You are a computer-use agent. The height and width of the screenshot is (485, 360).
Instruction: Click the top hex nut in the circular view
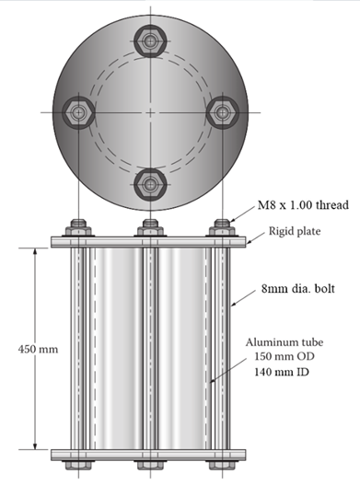tap(149, 40)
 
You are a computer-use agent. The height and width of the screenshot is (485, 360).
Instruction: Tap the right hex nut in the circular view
tap(221, 111)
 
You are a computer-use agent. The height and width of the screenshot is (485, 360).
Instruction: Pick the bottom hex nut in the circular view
tap(149, 181)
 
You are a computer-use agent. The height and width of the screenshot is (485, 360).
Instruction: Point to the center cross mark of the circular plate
tap(150, 111)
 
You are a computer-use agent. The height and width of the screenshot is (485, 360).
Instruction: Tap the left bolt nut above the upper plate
tap(77, 230)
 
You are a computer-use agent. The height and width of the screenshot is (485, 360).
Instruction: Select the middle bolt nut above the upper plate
tap(149, 230)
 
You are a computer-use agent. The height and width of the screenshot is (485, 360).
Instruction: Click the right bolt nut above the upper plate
tap(221, 230)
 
